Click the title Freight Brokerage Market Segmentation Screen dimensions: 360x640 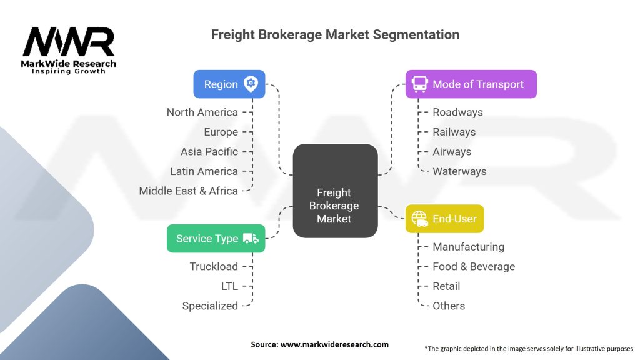[335, 34]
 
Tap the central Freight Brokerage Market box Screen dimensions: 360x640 [335, 191]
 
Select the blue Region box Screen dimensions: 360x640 [229, 84]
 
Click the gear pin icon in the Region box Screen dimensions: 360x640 [251, 84]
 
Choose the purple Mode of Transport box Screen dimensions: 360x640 [471, 84]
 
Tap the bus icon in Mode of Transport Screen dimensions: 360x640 [420, 84]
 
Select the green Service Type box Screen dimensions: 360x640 [216, 238]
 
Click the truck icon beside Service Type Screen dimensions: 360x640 [251, 238]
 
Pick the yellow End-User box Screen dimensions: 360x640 [444, 219]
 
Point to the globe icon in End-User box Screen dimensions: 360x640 [419, 219]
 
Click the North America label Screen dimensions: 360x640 [202, 112]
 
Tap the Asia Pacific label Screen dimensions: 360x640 [209, 151]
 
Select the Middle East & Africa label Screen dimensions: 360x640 [188, 191]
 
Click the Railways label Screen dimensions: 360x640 [454, 132]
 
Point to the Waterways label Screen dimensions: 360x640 [459, 171]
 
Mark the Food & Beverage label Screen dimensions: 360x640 [474, 266]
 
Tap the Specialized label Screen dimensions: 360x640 [210, 306]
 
